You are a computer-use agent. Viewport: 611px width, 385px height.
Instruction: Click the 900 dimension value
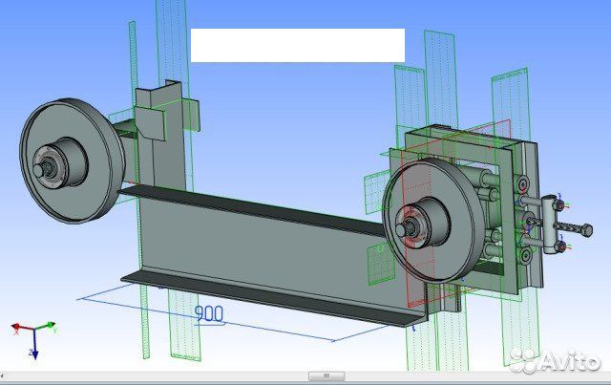click(208, 313)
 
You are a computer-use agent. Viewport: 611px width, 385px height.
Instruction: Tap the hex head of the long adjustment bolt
click(587, 230)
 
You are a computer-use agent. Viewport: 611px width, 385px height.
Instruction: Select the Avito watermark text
click(572, 360)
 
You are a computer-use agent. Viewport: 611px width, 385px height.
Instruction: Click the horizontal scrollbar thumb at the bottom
click(327, 376)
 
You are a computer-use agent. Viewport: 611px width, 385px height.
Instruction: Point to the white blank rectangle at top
click(297, 45)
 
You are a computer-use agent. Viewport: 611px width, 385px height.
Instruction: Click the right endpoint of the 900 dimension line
click(335, 339)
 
